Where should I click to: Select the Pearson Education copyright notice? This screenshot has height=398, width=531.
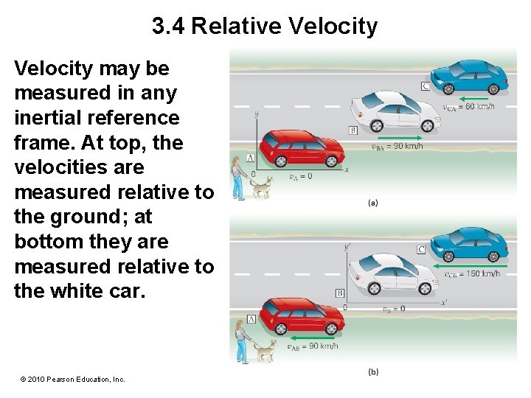[x=73, y=379]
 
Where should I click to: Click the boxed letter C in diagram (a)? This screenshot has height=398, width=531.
[x=426, y=86]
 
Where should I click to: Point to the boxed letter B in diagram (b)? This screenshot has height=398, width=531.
[x=340, y=293]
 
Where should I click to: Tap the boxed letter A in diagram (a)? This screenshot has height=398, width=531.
[x=251, y=158]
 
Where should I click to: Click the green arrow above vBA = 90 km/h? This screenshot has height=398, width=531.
[x=398, y=137]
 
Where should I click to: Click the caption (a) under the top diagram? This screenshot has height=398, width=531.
[x=373, y=203]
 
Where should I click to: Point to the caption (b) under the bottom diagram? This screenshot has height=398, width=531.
[x=373, y=372]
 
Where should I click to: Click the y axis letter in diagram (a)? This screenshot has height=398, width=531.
[x=256, y=114]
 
